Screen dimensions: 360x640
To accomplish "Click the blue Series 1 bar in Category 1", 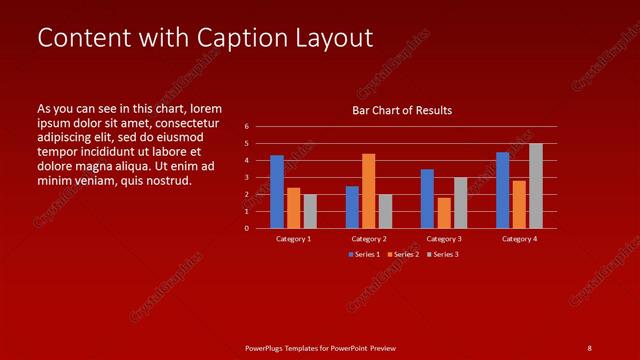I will tap(277, 191).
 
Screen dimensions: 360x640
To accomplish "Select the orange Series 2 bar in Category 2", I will tap(368, 190).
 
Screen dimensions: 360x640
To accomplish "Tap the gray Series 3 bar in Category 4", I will tap(536, 185).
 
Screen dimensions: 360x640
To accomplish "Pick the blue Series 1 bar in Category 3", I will tap(427, 198).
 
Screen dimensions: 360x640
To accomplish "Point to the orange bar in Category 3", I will tap(444, 212).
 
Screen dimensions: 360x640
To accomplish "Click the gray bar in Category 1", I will tap(310, 211).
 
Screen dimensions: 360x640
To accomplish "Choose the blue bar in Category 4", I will tap(503, 190).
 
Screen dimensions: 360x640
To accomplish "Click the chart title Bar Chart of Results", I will tap(402, 110).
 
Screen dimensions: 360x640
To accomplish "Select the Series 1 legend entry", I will tap(364, 254).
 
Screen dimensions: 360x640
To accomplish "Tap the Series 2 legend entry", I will tap(403, 254).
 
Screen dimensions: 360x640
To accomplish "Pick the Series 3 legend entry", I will tap(442, 254).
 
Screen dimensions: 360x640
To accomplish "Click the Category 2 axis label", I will tap(369, 239).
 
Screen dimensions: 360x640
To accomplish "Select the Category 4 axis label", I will tap(519, 239).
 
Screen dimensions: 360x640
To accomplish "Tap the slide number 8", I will tap(589, 347).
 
